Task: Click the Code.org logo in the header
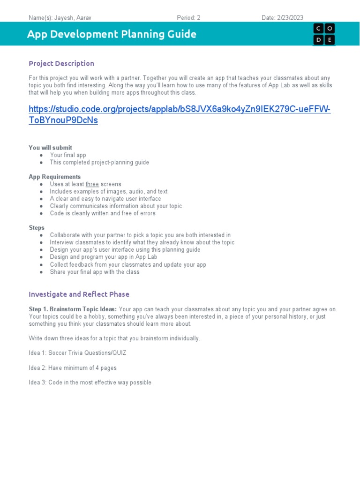324,34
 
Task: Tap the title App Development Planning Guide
112,34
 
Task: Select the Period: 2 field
188,18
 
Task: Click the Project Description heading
61,63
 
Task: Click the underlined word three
92,184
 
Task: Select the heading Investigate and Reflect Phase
79,294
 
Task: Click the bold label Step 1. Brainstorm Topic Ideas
73,309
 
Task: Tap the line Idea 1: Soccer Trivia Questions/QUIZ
77,353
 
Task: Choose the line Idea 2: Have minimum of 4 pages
73,368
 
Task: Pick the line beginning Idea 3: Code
90,382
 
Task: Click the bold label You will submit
50,148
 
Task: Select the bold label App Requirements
54,177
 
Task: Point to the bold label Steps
37,228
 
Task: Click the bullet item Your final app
68,155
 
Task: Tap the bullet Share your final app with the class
94,272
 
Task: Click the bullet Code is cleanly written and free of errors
103,213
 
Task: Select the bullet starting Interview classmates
142,242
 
